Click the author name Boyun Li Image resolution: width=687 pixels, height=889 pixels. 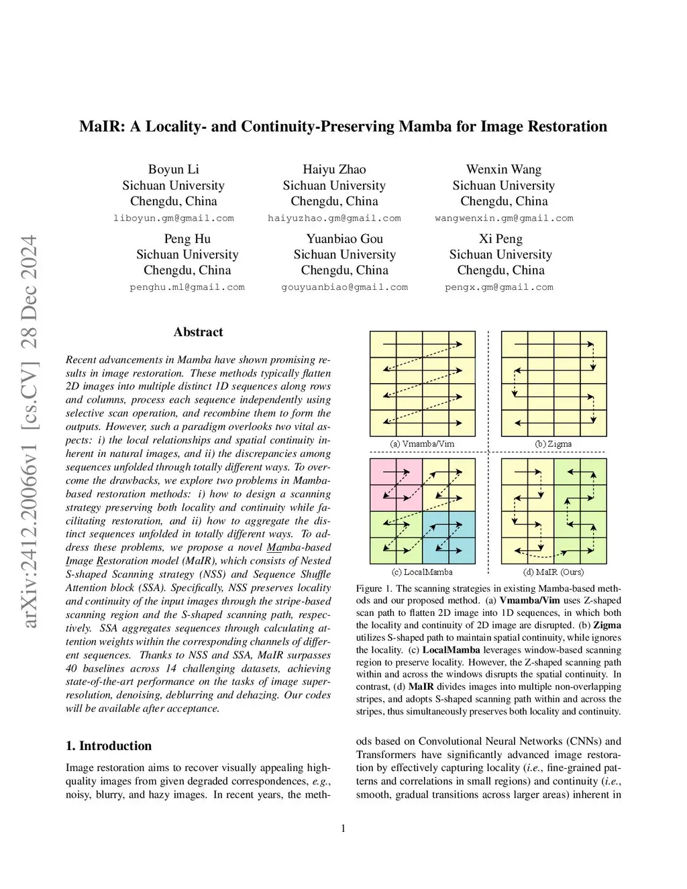pyautogui.click(x=173, y=169)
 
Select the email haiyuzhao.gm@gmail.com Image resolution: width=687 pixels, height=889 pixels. pyautogui.click(x=334, y=218)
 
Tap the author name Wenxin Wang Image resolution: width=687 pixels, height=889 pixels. pyautogui.click(x=504, y=169)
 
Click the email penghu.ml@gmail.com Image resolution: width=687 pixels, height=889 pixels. pyautogui.click(x=187, y=287)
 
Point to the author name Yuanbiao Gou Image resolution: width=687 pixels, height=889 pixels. pyautogui.click(x=344, y=239)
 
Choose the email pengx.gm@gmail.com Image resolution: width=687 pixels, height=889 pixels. pyautogui.click(x=499, y=287)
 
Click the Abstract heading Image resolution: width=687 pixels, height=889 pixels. pyautogui.click(x=198, y=332)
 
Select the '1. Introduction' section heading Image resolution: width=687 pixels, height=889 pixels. pyautogui.click(x=109, y=745)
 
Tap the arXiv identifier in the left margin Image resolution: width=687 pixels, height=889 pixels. pyautogui.click(x=30, y=432)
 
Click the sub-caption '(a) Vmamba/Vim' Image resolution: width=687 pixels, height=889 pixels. pyautogui.click(x=422, y=444)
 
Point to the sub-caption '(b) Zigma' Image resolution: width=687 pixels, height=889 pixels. pyautogui.click(x=553, y=444)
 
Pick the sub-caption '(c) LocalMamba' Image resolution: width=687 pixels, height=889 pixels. pyautogui.click(x=422, y=572)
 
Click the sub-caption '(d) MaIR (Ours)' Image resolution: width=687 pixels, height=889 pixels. pyautogui.click(x=553, y=572)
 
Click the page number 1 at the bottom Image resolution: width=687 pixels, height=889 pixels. pyautogui.click(x=343, y=829)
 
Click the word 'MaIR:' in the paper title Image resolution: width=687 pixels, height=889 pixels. pyautogui.click(x=101, y=127)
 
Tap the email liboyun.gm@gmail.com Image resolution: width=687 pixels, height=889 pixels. pyautogui.click(x=174, y=218)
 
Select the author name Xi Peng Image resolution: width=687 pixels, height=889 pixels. pyautogui.click(x=500, y=239)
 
